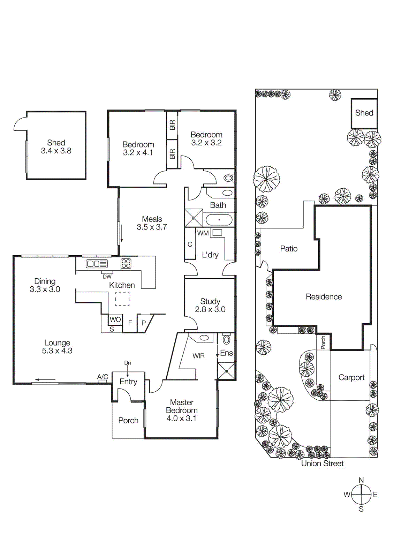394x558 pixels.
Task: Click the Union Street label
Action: (x=322, y=463)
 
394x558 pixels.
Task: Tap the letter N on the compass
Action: (x=361, y=480)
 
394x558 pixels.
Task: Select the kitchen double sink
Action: (x=97, y=264)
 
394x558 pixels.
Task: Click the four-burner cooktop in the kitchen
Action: (x=126, y=263)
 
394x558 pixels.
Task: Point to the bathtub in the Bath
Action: (x=219, y=220)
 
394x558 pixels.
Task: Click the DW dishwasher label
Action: (x=107, y=277)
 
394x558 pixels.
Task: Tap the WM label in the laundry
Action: (x=203, y=233)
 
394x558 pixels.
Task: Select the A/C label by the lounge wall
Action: (x=103, y=377)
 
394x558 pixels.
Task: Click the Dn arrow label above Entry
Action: (x=128, y=363)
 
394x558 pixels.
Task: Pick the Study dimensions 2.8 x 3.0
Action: (x=210, y=309)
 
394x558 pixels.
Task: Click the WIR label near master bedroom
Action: (x=198, y=356)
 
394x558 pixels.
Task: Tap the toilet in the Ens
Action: (x=227, y=339)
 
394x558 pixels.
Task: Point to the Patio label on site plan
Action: (x=289, y=249)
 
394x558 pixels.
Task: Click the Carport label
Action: (x=351, y=377)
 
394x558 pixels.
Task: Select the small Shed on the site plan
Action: (x=364, y=113)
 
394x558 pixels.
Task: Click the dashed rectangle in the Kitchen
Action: (x=122, y=299)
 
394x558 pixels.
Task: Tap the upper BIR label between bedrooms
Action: (x=172, y=125)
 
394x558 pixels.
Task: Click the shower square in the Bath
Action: (x=194, y=218)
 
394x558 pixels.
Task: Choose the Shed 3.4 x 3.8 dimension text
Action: (x=56, y=151)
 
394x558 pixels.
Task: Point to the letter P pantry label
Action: (x=144, y=323)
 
